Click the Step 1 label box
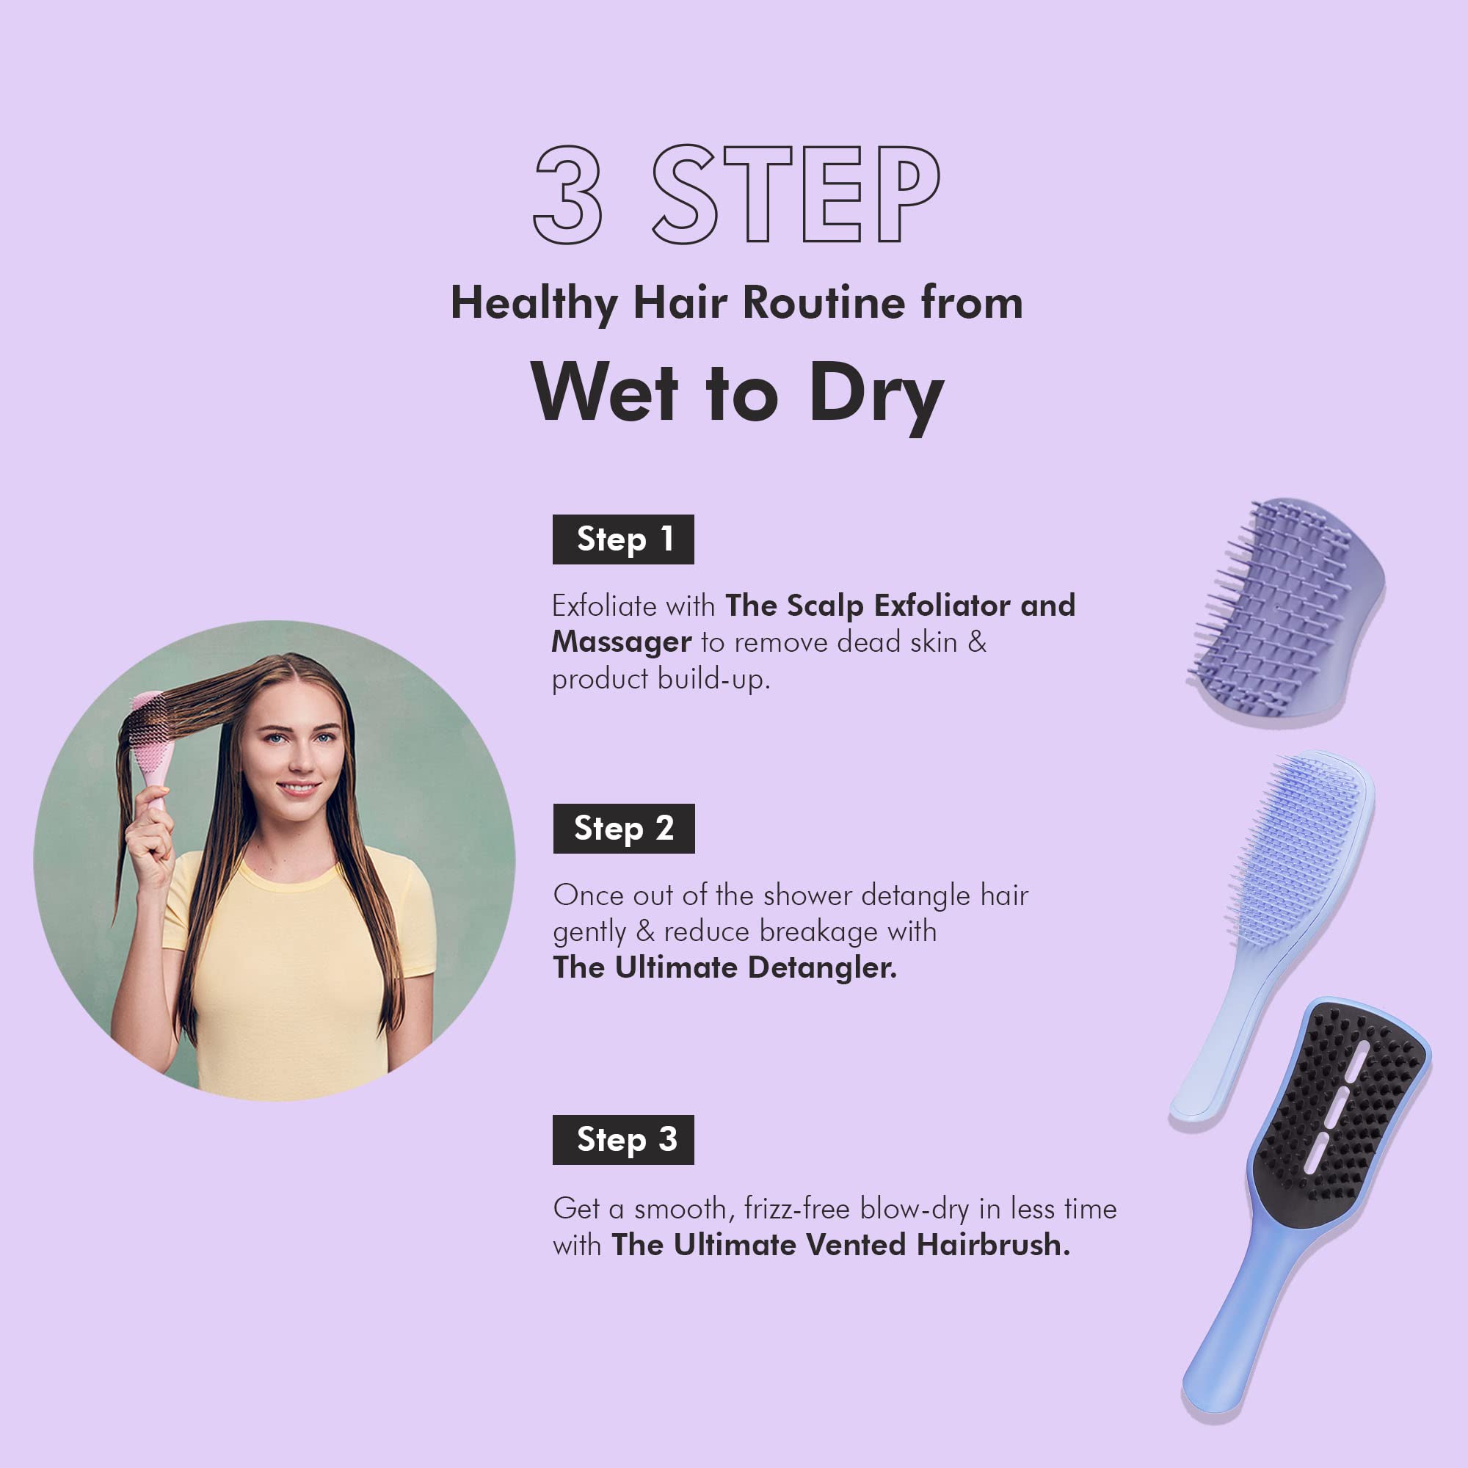(x=623, y=539)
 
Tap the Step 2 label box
(x=624, y=828)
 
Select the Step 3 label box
(x=623, y=1140)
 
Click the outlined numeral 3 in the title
(x=568, y=195)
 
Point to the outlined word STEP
(x=796, y=195)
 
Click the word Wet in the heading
(x=604, y=391)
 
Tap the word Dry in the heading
(x=877, y=396)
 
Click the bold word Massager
(x=622, y=643)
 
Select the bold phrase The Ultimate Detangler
(x=725, y=967)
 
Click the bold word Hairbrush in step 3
(x=993, y=1245)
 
